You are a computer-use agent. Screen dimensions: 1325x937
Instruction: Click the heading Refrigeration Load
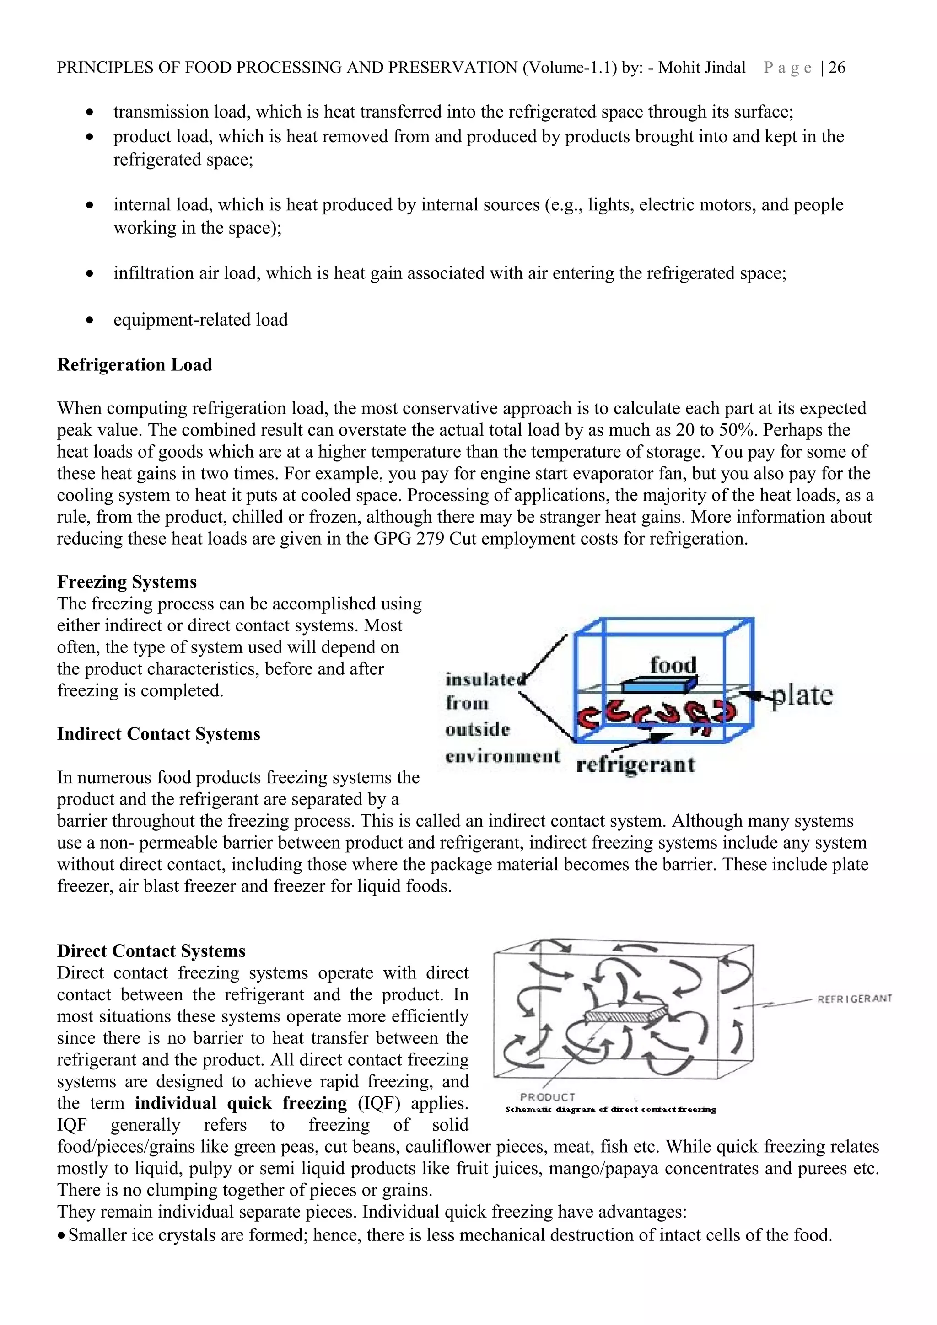point(135,365)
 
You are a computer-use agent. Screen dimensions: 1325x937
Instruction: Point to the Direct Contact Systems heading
point(151,951)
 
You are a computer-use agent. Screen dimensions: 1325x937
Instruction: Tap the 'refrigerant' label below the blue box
point(635,765)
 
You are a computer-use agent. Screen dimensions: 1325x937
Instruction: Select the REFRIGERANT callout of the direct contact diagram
point(855,999)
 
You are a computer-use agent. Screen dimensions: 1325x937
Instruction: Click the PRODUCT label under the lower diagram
point(547,1096)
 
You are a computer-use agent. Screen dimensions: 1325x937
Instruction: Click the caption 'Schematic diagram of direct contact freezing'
point(610,1109)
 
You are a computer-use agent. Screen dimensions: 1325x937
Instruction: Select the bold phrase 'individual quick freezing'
point(241,1103)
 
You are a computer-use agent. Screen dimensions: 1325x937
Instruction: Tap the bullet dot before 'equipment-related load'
point(90,321)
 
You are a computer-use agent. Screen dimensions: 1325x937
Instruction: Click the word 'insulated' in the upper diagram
point(485,679)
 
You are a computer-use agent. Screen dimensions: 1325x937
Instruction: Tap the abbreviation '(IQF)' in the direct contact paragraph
point(379,1103)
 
